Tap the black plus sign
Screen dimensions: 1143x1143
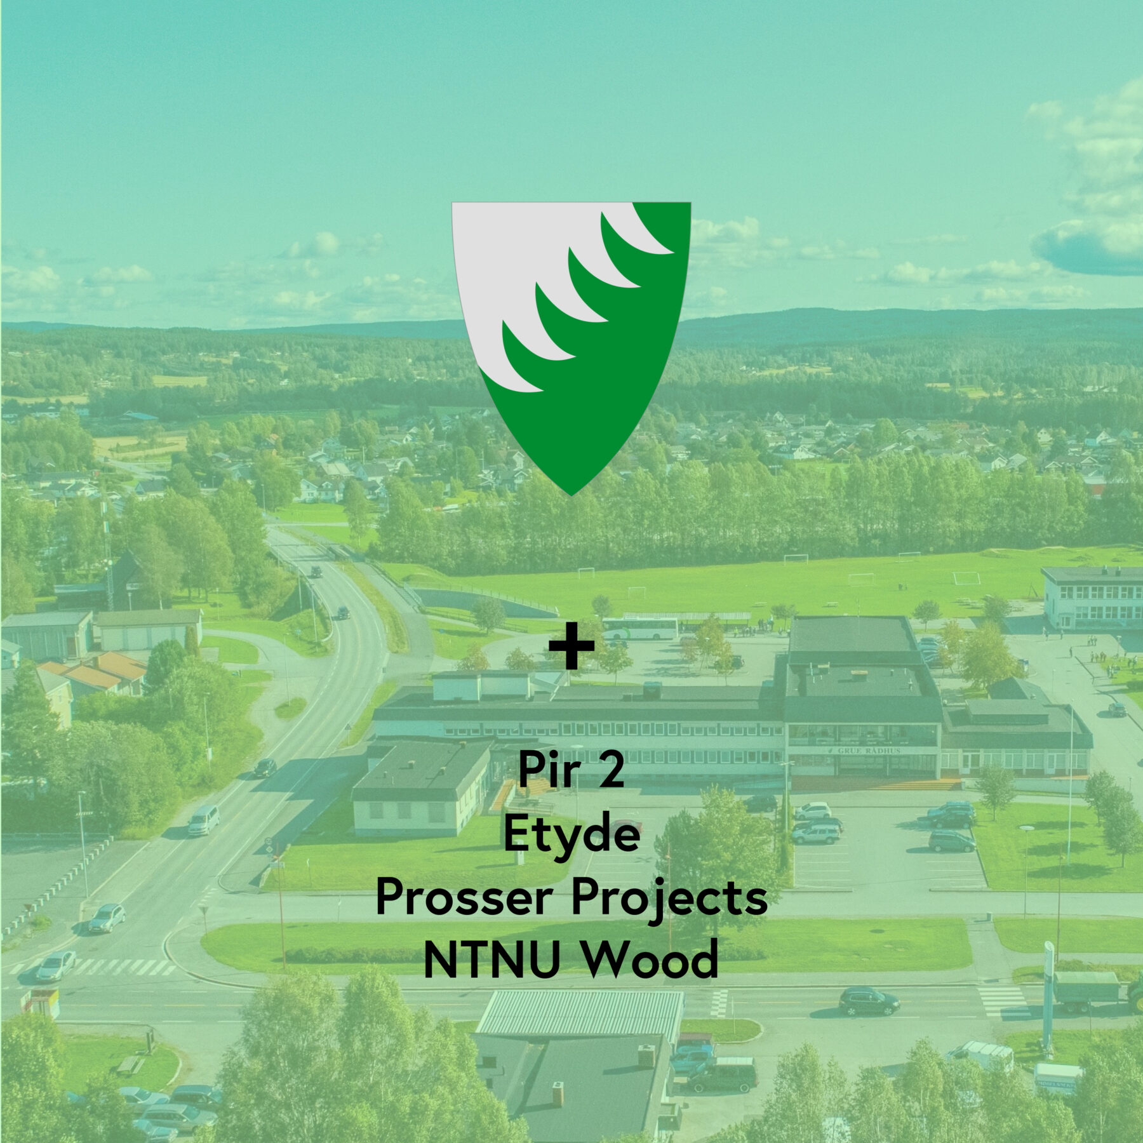tap(571, 645)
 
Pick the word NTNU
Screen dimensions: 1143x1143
tap(491, 959)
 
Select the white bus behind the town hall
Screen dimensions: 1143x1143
tap(639, 629)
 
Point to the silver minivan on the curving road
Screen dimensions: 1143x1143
tap(203, 820)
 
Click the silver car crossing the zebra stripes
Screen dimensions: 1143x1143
tap(55, 966)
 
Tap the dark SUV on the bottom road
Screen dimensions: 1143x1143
tap(869, 1001)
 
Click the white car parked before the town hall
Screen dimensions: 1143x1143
tap(813, 810)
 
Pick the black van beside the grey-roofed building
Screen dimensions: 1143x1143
tap(722, 1076)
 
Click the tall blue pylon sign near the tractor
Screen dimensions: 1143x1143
tap(1047, 997)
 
